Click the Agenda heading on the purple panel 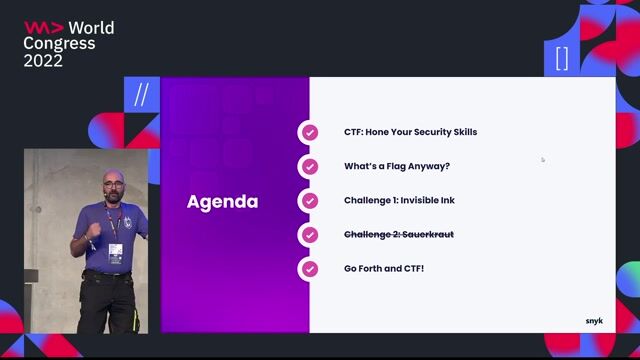222,202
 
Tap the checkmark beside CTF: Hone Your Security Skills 310,132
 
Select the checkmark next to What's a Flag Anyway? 310,166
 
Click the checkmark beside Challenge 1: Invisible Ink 310,200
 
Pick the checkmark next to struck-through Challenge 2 310,235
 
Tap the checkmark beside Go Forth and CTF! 310,269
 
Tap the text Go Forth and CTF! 384,269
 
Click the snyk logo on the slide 594,321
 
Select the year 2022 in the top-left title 43,61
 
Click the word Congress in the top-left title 60,44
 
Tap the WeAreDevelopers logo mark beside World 43,28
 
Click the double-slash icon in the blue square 141,95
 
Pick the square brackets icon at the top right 561,58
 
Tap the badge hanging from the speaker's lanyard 116,249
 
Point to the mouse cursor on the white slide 543,159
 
